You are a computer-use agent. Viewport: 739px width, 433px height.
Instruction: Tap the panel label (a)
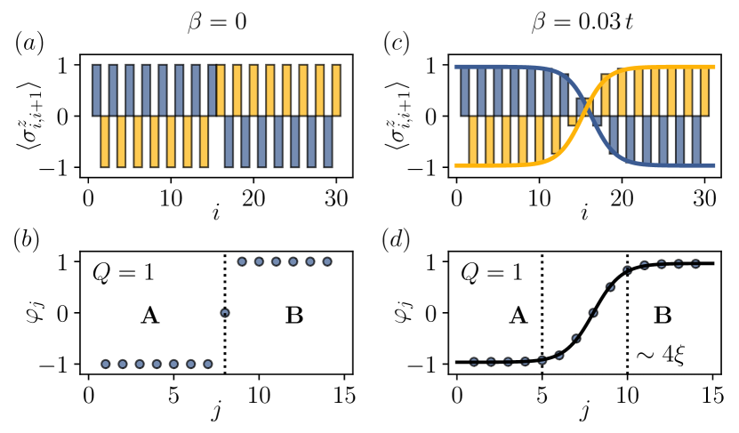pyautogui.click(x=29, y=42)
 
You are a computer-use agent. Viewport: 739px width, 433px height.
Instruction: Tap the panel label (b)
pyautogui.click(x=29, y=240)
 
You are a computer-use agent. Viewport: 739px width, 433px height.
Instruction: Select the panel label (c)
pyautogui.click(x=397, y=42)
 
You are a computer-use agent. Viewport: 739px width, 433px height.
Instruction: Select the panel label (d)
pyautogui.click(x=397, y=240)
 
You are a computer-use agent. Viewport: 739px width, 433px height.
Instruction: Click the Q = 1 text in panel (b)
pyautogui.click(x=125, y=273)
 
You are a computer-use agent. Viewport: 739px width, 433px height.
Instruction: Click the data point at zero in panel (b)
pyautogui.click(x=225, y=312)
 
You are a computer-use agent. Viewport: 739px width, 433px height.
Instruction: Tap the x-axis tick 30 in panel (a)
pyautogui.click(x=338, y=196)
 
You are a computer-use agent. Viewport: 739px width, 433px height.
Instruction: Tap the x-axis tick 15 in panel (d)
pyautogui.click(x=711, y=393)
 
